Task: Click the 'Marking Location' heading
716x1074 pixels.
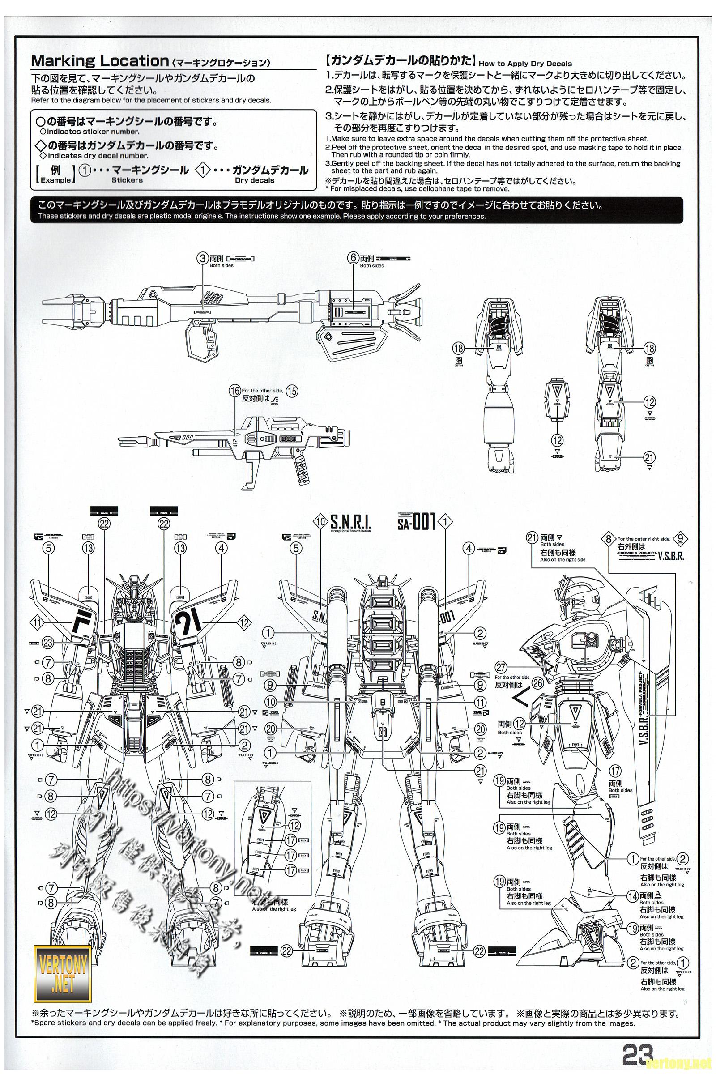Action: [99, 61]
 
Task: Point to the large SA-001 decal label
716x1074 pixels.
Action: [418, 521]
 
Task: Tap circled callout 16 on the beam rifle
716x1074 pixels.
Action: [234, 391]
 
